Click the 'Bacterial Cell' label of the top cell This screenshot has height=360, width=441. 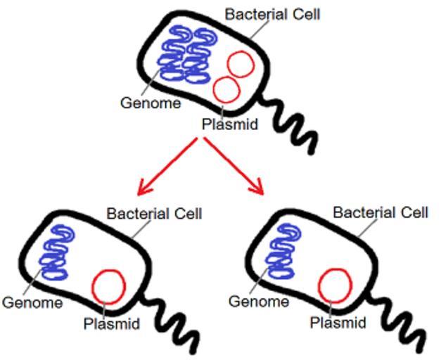click(272, 13)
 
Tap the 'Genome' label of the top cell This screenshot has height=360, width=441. click(151, 103)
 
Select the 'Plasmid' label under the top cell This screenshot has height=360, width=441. click(229, 125)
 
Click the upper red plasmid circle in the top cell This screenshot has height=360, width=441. click(240, 64)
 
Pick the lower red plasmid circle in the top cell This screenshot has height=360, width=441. click(226, 90)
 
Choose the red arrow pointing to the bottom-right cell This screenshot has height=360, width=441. click(236, 167)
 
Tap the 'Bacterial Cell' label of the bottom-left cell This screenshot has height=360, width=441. click(154, 213)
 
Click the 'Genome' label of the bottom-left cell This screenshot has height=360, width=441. click(32, 303)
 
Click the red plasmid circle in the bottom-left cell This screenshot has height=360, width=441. click(109, 287)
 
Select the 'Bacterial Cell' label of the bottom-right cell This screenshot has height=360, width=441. click(381, 212)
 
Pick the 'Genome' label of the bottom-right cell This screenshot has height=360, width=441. click(259, 302)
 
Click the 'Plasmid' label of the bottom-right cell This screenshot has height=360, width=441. click(338, 323)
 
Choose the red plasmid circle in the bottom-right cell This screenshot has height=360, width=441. click(335, 285)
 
